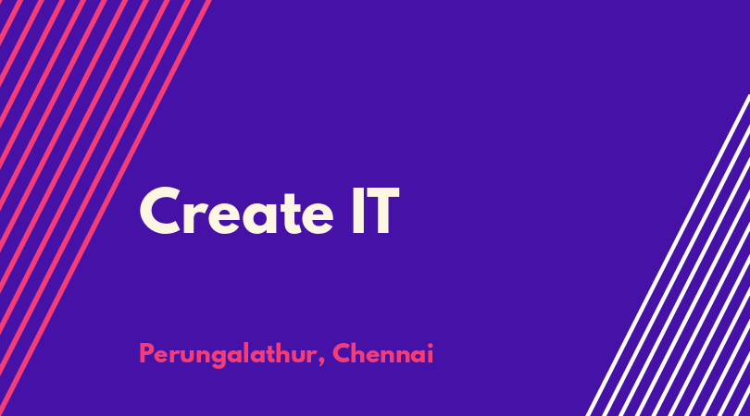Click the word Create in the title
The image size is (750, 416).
(x=236, y=211)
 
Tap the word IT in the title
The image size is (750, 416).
(x=376, y=211)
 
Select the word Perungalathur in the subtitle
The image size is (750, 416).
(x=228, y=355)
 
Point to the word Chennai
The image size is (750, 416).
(x=383, y=353)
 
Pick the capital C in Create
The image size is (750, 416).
(x=159, y=211)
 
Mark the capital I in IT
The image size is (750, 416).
(x=357, y=211)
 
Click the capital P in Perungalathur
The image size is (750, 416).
(x=146, y=353)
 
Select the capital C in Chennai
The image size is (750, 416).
(x=343, y=353)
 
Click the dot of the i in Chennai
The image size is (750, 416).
(x=430, y=345)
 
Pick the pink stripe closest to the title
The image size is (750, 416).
(x=106, y=208)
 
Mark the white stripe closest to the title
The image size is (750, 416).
(x=669, y=255)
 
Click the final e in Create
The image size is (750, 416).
(x=318, y=218)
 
